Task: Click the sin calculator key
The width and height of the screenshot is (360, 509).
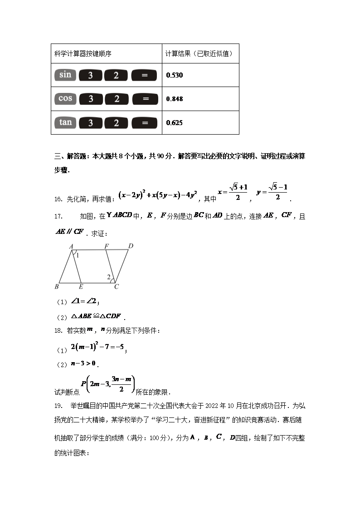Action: pyautogui.click(x=65, y=75)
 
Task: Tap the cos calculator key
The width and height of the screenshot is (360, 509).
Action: pyautogui.click(x=65, y=98)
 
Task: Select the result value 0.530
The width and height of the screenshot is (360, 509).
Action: pyautogui.click(x=175, y=75)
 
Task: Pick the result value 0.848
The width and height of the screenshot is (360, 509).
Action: pyautogui.click(x=175, y=99)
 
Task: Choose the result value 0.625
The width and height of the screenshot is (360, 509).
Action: pyautogui.click(x=175, y=122)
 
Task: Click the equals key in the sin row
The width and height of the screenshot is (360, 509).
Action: pyautogui.click(x=144, y=75)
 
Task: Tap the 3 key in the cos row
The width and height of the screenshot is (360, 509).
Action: pyautogui.click(x=91, y=99)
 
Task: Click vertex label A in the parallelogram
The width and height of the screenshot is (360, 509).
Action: pyautogui.click(x=71, y=246)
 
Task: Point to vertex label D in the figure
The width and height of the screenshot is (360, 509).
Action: pyautogui.click(x=130, y=246)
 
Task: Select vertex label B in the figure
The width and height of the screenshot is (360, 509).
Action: pyautogui.click(x=57, y=286)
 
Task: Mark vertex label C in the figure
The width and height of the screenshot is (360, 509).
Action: pyautogui.click(x=117, y=286)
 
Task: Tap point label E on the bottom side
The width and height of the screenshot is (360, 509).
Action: pyautogui.click(x=81, y=286)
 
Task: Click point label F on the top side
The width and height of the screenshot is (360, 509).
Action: pyautogui.click(x=107, y=246)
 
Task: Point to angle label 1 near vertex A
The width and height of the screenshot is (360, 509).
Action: pyautogui.click(x=78, y=255)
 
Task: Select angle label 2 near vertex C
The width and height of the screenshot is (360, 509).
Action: pyautogui.click(x=109, y=276)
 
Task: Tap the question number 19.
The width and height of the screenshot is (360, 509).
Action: pyautogui.click(x=58, y=405)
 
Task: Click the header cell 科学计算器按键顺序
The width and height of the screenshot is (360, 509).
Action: pyautogui.click(x=83, y=53)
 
